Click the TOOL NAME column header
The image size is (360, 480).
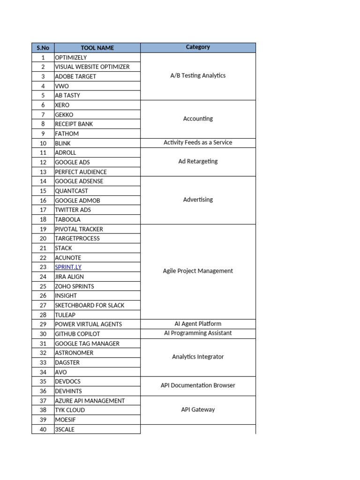click(x=97, y=48)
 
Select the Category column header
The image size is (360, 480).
click(x=198, y=47)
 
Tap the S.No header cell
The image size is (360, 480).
click(x=43, y=48)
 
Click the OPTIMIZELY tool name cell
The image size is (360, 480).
click(x=71, y=58)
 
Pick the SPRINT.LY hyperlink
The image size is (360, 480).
click(x=68, y=267)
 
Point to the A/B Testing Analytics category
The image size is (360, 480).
click(x=198, y=75)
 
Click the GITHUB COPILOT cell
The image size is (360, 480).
click(x=77, y=334)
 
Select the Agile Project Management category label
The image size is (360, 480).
click(x=198, y=271)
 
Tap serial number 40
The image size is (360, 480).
click(x=43, y=429)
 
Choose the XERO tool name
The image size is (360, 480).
click(x=62, y=105)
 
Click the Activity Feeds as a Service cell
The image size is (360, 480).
click(x=198, y=142)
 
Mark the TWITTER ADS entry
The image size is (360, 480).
click(x=73, y=210)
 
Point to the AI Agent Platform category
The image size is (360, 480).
click(x=198, y=324)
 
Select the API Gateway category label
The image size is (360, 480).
click(x=198, y=410)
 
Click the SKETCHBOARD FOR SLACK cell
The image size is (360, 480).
click(x=90, y=305)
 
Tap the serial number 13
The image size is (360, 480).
click(x=43, y=172)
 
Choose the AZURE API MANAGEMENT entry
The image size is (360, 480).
click(x=90, y=401)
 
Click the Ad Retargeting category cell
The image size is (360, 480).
click(x=198, y=162)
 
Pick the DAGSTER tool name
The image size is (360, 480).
click(x=67, y=362)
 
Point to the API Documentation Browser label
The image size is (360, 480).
click(x=198, y=385)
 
